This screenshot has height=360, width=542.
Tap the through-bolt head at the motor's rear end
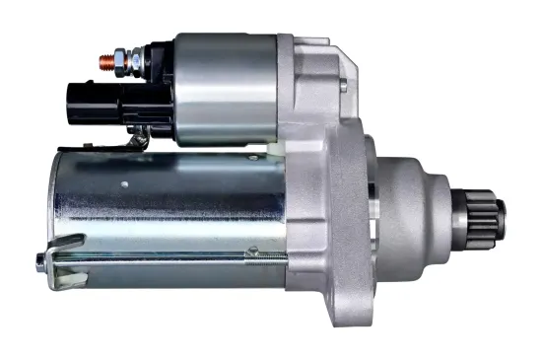coord(39,260)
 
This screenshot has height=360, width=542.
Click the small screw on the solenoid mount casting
coord(342,87)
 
